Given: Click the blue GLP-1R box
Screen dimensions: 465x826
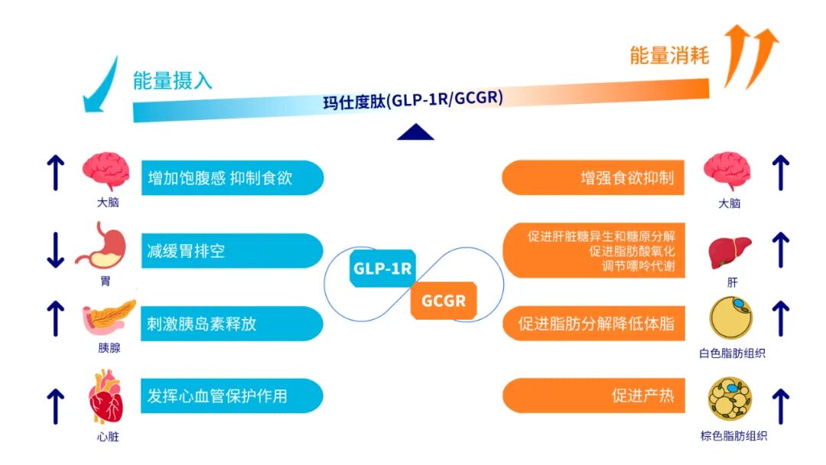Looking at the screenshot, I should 382,268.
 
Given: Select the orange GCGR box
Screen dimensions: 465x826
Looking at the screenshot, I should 444,301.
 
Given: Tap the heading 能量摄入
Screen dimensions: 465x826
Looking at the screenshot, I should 172,80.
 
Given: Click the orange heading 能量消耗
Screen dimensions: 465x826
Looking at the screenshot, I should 669,55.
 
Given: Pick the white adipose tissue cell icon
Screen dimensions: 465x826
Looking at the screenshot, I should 731,320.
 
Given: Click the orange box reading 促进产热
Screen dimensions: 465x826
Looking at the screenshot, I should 592,396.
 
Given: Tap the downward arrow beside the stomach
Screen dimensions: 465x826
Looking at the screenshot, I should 55,249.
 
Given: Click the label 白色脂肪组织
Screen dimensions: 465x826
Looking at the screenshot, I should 732,353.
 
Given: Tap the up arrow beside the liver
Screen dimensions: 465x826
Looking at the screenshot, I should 780,249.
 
